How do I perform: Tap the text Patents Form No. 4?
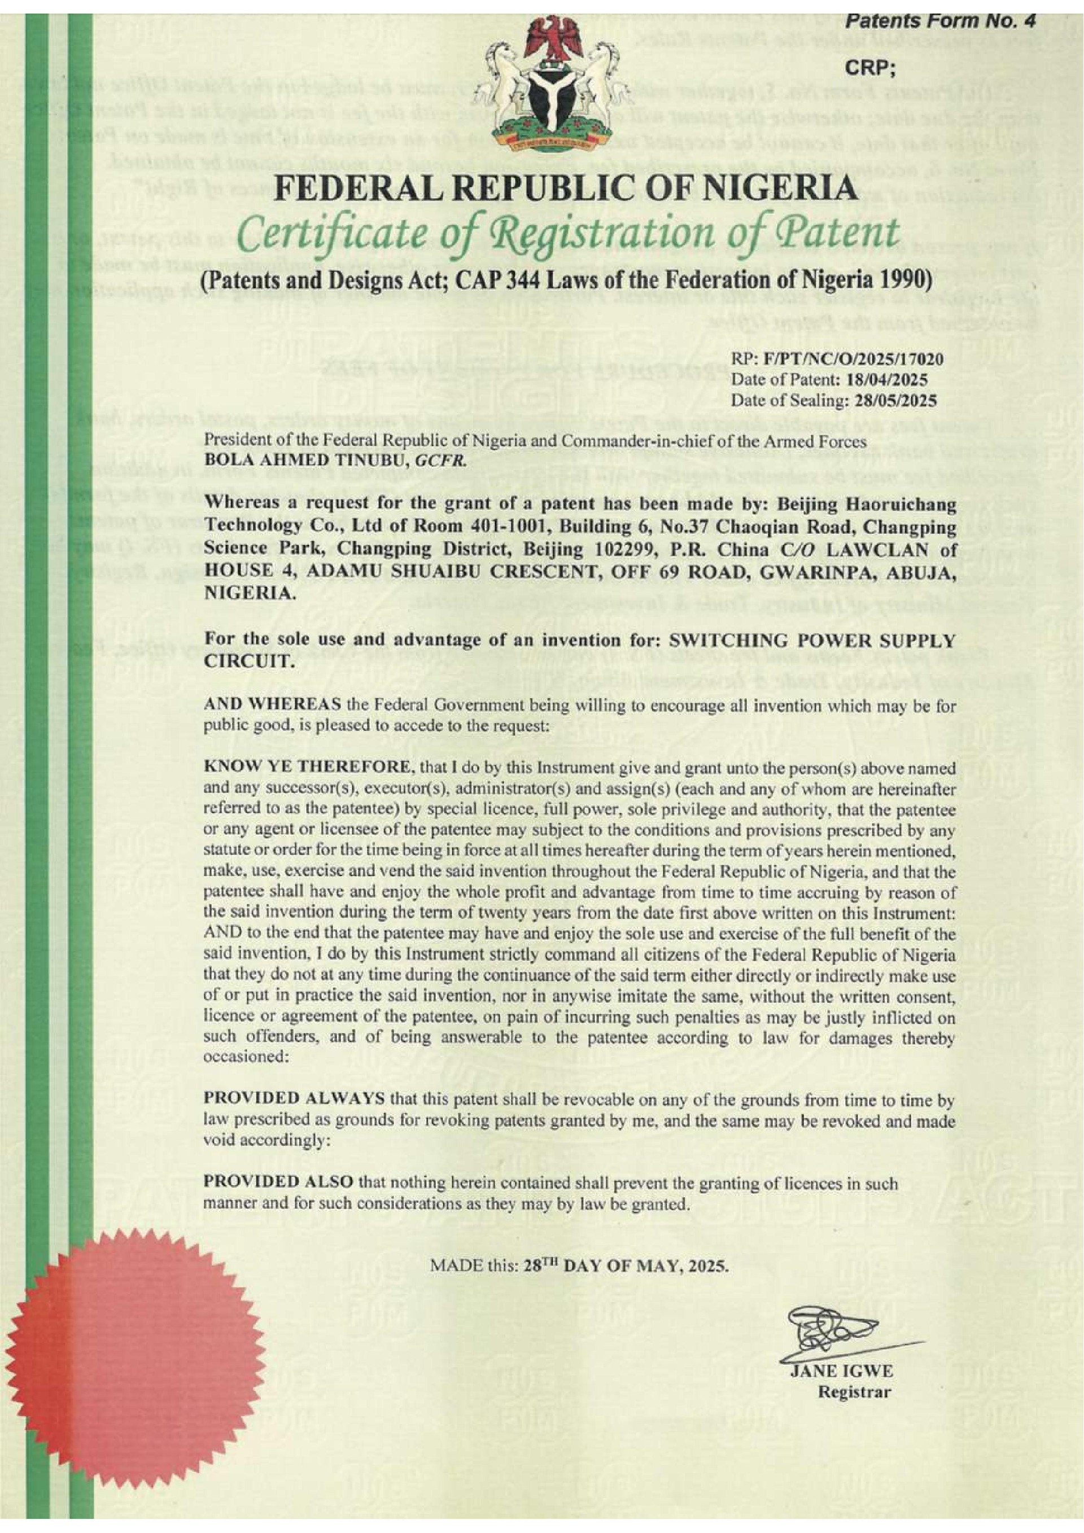point(941,21)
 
